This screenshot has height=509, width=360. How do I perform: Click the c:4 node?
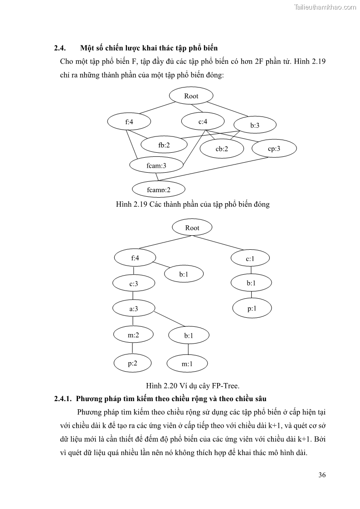(203, 121)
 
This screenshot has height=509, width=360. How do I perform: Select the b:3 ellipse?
(255, 126)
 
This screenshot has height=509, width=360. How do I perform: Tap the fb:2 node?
(164, 145)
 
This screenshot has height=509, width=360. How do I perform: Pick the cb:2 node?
(222, 149)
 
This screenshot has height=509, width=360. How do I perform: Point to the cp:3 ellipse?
(274, 148)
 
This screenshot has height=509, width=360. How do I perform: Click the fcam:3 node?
(156, 166)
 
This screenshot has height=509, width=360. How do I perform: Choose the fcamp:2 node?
(159, 189)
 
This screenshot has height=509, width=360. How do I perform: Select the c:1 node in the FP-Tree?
(250, 259)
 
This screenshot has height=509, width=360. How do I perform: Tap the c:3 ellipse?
(133, 284)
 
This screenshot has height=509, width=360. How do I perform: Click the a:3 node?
(133, 309)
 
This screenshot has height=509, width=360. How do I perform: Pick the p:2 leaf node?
(133, 363)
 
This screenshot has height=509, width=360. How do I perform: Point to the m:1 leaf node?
(187, 364)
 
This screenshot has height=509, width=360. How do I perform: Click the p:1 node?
(252, 309)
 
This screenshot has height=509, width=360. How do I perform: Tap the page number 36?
(322, 475)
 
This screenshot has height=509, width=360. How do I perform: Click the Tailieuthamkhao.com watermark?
(325, 7)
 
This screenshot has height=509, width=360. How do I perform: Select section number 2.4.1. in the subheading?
(63, 399)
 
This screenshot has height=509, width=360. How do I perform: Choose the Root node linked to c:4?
(191, 96)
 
